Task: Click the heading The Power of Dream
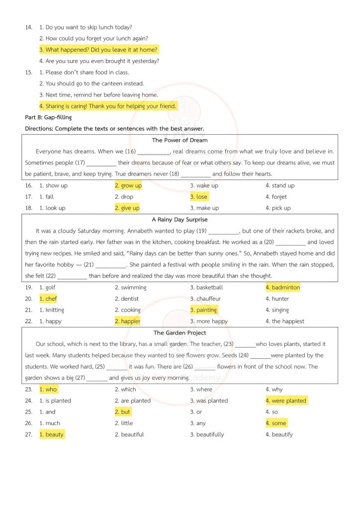click(180, 140)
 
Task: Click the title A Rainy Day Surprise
click(180, 219)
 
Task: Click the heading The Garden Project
click(180, 333)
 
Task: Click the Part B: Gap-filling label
click(48, 117)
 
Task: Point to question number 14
click(28, 27)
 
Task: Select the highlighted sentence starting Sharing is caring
click(108, 106)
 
